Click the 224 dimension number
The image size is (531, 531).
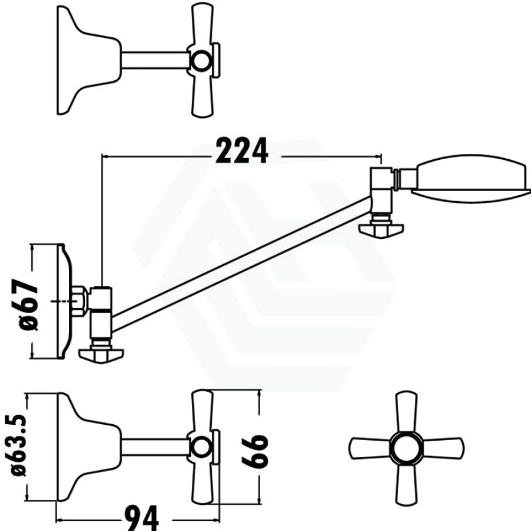click(242, 150)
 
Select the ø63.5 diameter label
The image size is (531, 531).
click(19, 445)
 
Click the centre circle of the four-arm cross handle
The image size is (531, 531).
click(407, 448)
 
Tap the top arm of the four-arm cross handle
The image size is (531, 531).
click(407, 412)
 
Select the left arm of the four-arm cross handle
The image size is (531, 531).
click(369, 448)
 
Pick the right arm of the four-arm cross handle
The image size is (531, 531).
click(444, 448)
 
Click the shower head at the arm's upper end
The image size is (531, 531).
click(471, 178)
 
